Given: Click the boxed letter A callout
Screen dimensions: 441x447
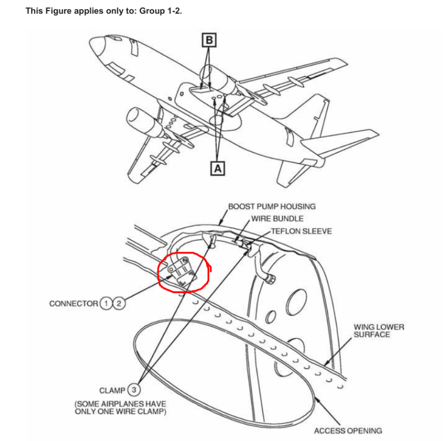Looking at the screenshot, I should point(217,168).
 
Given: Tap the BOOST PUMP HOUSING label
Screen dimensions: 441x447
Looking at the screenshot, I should point(271,206).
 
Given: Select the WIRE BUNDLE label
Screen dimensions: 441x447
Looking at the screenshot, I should point(277,219).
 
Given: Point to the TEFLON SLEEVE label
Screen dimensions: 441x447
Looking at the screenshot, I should point(301,231).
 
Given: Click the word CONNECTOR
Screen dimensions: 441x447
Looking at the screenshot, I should point(73,303).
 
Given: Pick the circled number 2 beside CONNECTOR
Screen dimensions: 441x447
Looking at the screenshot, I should point(118,303).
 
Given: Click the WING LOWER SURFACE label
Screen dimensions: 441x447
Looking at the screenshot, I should point(379,330).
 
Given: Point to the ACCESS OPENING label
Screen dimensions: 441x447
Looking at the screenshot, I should point(347,430).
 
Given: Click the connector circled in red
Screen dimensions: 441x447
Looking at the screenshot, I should point(180,271).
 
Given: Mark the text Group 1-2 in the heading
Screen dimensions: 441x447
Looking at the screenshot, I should point(161,11).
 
